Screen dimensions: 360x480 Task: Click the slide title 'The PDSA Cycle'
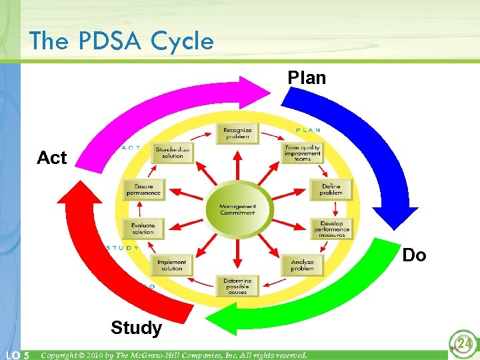(121, 41)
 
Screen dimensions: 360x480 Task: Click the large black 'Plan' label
(307, 78)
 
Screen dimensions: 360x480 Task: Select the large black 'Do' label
(414, 255)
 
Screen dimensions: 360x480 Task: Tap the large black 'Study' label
(136, 327)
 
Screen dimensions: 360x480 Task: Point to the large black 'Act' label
(52, 158)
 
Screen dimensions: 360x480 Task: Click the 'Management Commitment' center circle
(238, 209)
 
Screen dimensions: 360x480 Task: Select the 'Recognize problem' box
(237, 133)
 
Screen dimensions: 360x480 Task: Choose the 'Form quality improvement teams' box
(303, 153)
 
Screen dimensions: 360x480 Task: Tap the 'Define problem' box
(331, 189)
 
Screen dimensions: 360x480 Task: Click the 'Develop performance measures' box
(331, 229)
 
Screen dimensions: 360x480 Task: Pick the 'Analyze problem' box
(302, 265)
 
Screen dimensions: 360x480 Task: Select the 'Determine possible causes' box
(237, 286)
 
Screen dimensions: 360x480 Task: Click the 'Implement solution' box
(172, 265)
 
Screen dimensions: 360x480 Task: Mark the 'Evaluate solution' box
(143, 229)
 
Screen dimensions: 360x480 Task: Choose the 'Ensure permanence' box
(143, 189)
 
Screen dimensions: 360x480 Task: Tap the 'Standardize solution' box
(172, 153)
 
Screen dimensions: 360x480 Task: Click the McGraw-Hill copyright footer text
(173, 355)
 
